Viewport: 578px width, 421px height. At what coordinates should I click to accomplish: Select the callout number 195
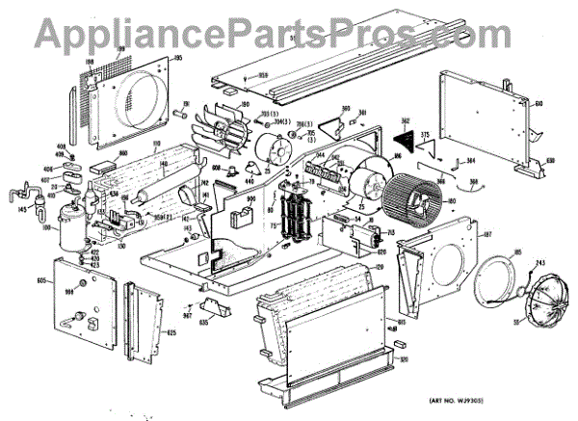click(177, 60)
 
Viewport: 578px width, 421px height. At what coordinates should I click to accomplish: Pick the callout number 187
click(486, 235)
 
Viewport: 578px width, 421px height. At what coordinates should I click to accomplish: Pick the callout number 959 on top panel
click(262, 75)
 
